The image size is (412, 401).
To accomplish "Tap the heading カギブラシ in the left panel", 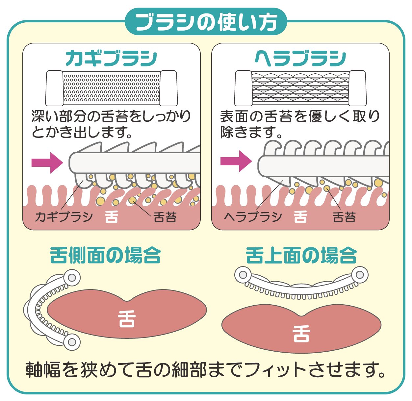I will pos(111,59).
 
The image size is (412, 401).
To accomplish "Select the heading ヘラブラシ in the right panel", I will pos(300,59).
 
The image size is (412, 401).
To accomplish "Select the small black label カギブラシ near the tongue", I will pos(64,217).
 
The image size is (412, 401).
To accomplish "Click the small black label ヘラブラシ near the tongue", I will pos(253,217).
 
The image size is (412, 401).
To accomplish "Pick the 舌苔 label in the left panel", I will pos(165,217).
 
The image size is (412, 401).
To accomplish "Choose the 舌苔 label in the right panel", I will pos(344,217).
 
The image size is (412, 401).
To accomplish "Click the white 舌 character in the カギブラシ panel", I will pos(111,217).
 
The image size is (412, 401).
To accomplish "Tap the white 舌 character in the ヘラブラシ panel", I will pos(300,217).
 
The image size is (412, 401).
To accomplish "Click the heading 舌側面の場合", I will pos(105,256).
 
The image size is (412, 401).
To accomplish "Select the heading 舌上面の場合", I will pos(301,256).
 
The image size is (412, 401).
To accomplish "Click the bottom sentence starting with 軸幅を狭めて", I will pos(206,370).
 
